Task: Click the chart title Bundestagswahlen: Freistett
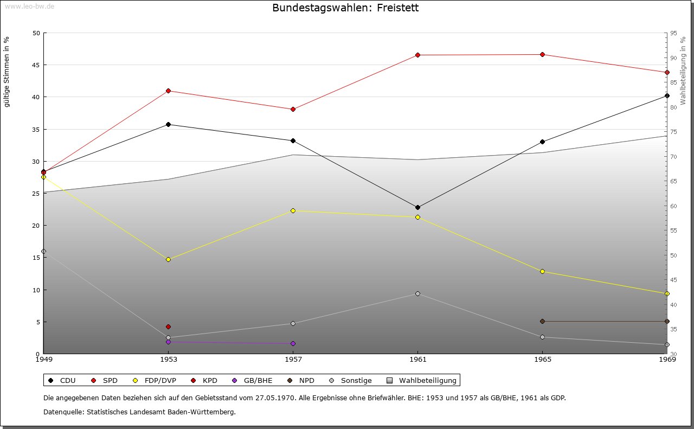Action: pyautogui.click(x=345, y=8)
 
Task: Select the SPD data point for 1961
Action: pyautogui.click(x=417, y=55)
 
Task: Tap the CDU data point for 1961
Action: pyautogui.click(x=417, y=207)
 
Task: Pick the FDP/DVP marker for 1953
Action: pyautogui.click(x=168, y=259)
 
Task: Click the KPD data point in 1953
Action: pyautogui.click(x=168, y=326)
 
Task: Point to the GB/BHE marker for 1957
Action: pyautogui.click(x=293, y=343)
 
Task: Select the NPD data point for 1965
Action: pyautogui.click(x=542, y=321)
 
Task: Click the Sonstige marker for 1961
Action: pyautogui.click(x=417, y=293)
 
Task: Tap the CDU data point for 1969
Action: pyautogui.click(x=667, y=95)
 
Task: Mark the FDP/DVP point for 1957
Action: pyautogui.click(x=293, y=210)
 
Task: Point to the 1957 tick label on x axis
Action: pyautogui.click(x=293, y=359)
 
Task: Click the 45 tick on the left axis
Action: pyautogui.click(x=36, y=65)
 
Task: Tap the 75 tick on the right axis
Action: pyautogui.click(x=673, y=132)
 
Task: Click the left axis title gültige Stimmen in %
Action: pyautogui.click(x=7, y=72)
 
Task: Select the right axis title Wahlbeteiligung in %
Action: pyautogui.click(x=683, y=71)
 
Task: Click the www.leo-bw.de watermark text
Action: pyautogui.click(x=29, y=6)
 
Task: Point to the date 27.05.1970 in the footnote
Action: pyautogui.click(x=275, y=398)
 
